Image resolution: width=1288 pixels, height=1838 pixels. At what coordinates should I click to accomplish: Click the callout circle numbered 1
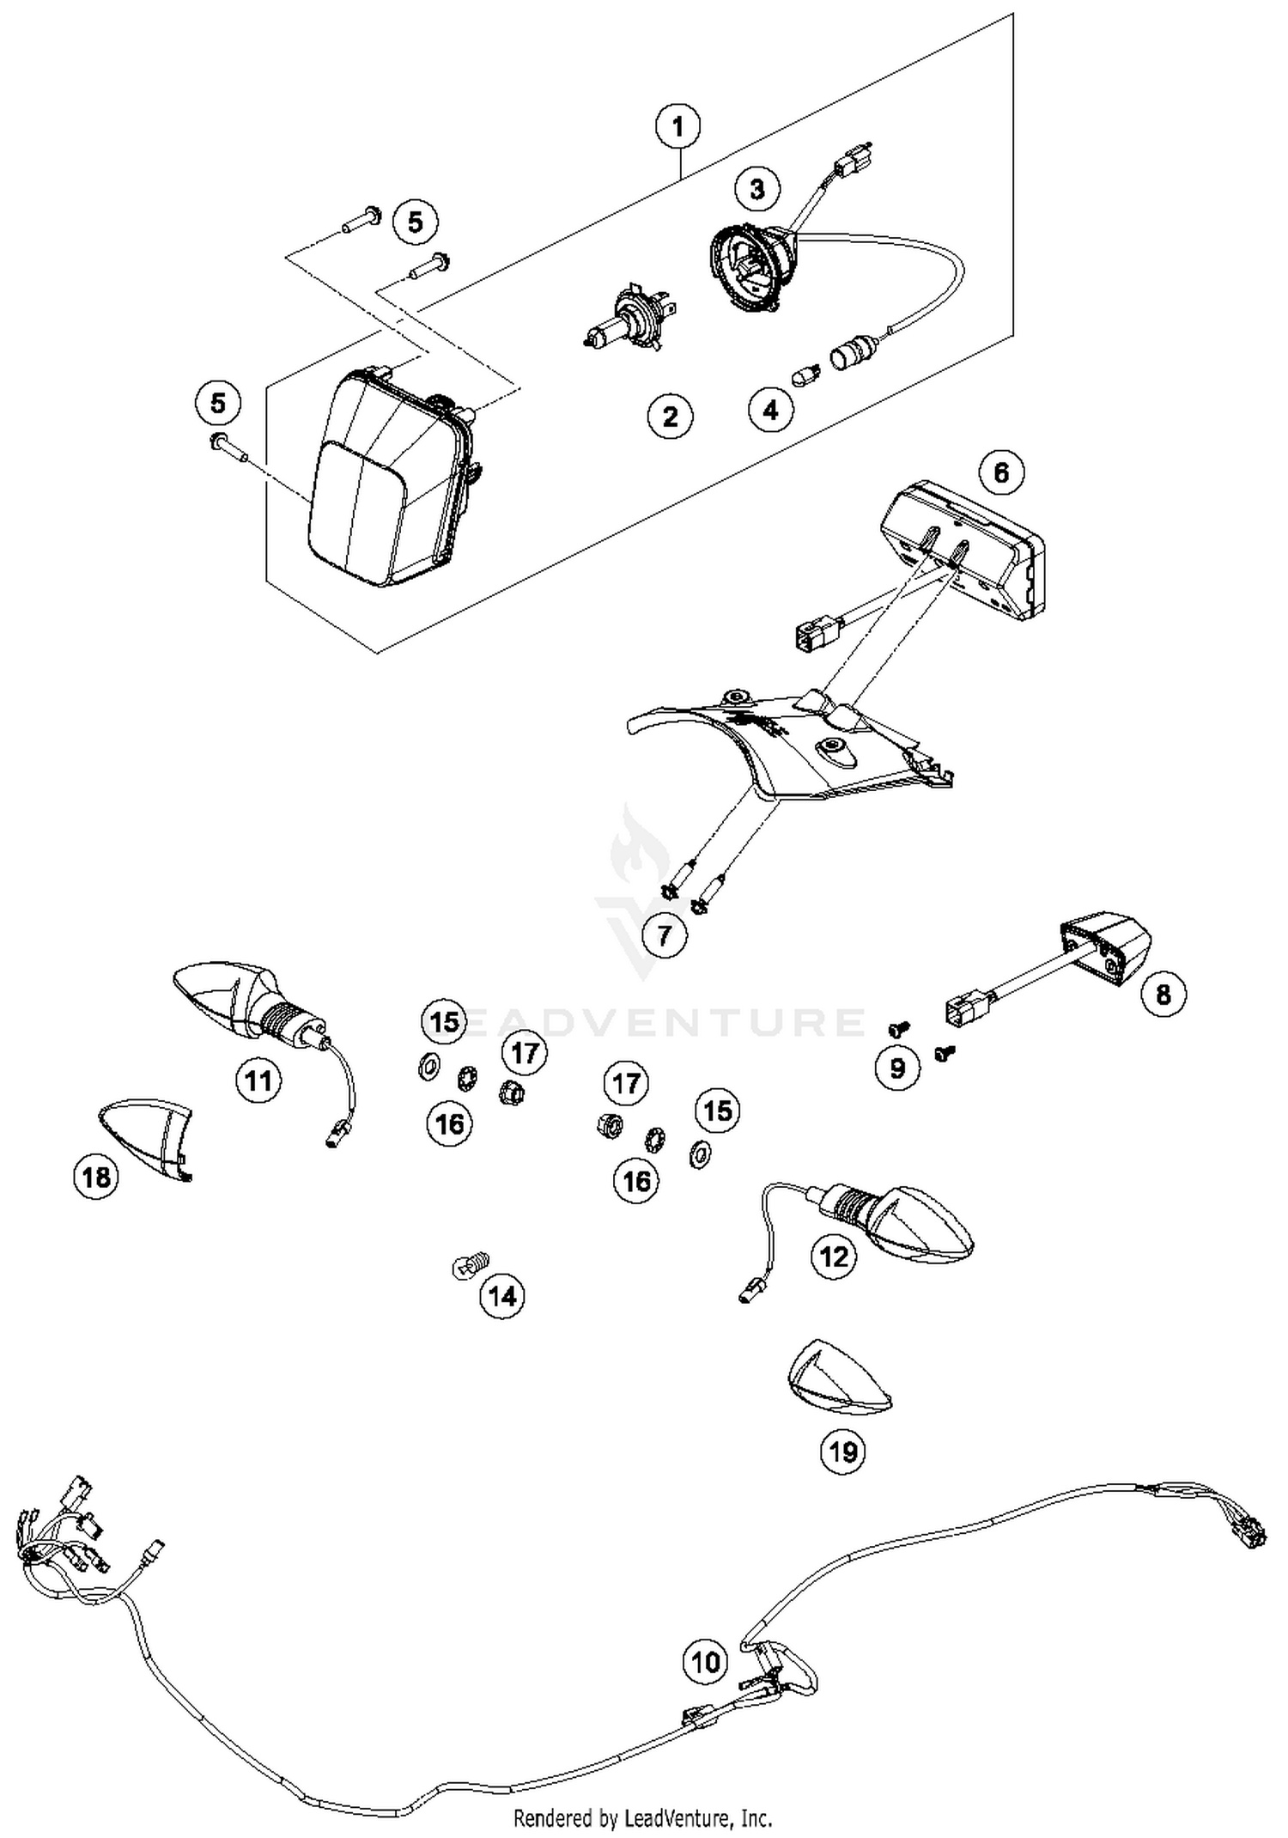pyautogui.click(x=677, y=127)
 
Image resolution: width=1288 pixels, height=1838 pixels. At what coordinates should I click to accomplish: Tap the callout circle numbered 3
pyautogui.click(x=756, y=188)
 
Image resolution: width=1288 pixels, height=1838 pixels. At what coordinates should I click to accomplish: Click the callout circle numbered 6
pyautogui.click(x=1001, y=472)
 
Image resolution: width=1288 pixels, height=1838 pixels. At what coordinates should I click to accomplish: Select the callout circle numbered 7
pyautogui.click(x=664, y=934)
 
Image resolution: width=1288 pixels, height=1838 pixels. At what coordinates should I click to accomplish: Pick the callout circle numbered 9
pyautogui.click(x=897, y=1068)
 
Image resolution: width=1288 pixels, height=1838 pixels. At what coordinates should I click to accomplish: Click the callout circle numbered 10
pyautogui.click(x=705, y=1661)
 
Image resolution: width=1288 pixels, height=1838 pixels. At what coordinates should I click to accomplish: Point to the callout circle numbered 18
pyautogui.click(x=96, y=1176)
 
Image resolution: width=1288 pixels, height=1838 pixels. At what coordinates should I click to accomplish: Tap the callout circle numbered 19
pyautogui.click(x=842, y=1451)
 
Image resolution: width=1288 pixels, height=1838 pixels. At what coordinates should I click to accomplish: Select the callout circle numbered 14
pyautogui.click(x=502, y=1295)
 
